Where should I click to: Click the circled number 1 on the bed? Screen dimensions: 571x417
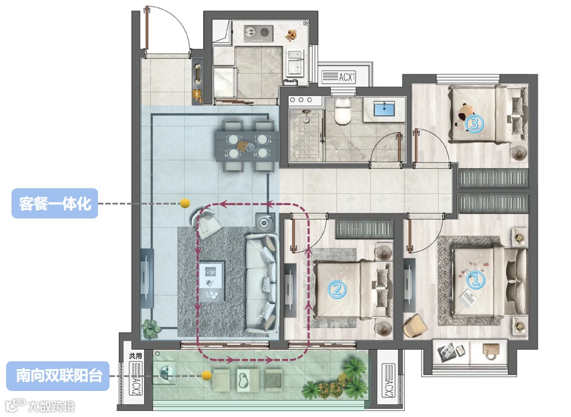point(475,280)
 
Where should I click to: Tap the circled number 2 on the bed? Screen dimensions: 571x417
point(337,289)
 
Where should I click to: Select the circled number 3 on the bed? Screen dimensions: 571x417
point(474,123)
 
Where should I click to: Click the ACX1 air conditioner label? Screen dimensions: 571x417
point(338,77)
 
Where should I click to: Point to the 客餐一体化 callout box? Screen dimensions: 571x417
point(54,203)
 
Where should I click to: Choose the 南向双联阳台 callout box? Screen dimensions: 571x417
point(58,376)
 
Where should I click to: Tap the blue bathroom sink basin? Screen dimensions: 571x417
point(384,109)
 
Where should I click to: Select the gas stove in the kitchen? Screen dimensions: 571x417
point(258,33)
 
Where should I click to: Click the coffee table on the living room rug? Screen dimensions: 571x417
point(212,281)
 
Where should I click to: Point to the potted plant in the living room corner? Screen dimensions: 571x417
point(151,329)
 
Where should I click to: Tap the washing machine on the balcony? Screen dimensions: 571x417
point(165,373)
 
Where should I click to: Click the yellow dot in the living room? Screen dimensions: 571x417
point(185,203)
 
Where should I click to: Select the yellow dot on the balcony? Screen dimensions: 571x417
point(206,375)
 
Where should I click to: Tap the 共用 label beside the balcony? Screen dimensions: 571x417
point(135,356)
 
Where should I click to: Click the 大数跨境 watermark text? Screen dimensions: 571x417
point(51,406)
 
